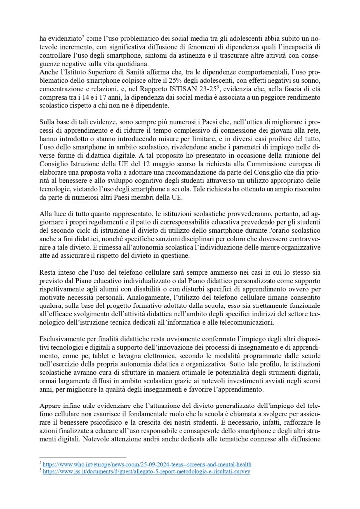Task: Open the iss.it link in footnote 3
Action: coord(146,471)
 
